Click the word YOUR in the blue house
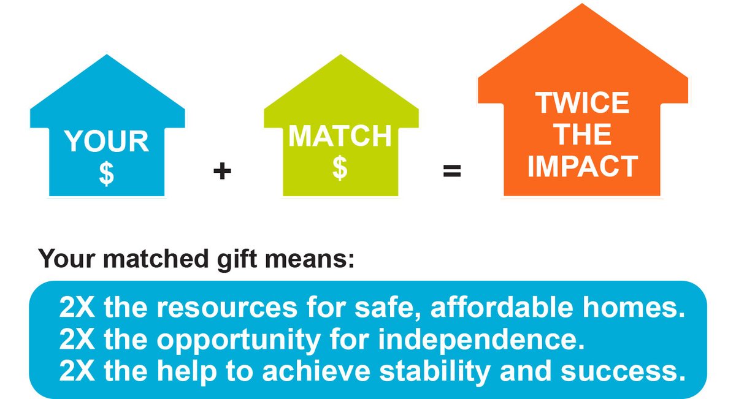click(x=107, y=142)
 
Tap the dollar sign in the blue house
click(x=107, y=173)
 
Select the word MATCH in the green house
click(x=340, y=137)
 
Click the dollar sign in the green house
click(x=340, y=168)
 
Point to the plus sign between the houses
click(x=222, y=171)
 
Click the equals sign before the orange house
click(x=452, y=171)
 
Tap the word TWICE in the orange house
click(x=582, y=103)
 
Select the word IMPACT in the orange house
click(x=582, y=167)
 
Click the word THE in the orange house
click(x=582, y=135)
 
